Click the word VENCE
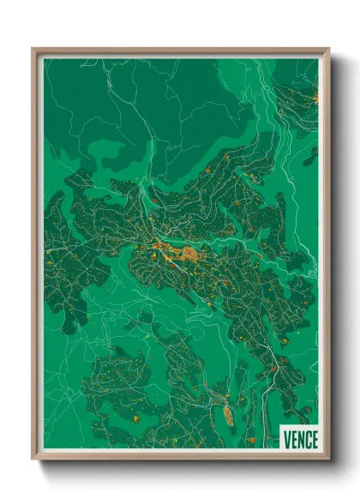(x=300, y=438)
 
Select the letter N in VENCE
(x=300, y=438)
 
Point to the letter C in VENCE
(x=307, y=438)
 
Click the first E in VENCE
(x=293, y=438)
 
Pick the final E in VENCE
(x=314, y=438)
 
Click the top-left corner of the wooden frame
(x=33, y=50)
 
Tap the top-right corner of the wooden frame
(x=328, y=50)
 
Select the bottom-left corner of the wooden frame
(x=33, y=459)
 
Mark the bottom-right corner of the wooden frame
(x=328, y=459)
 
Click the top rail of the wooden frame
(x=180, y=51)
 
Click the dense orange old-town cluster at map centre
(x=189, y=253)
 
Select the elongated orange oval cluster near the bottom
(x=229, y=415)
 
